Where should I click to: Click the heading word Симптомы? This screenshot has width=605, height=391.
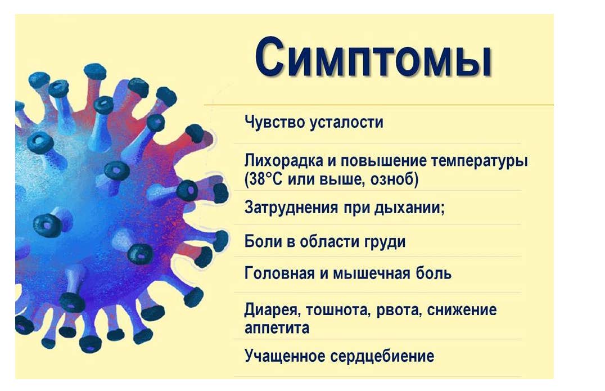(373, 58)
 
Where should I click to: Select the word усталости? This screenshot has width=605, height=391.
(347, 122)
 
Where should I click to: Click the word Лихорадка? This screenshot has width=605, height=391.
(283, 160)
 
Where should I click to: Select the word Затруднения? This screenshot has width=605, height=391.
(291, 208)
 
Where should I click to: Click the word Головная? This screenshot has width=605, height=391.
(280, 273)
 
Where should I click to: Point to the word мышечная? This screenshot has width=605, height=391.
(371, 274)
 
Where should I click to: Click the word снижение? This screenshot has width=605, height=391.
(462, 310)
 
